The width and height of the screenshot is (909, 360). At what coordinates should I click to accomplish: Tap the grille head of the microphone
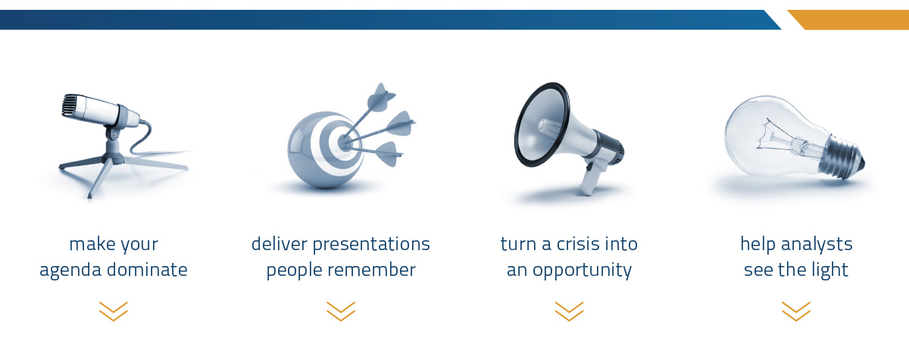(70, 105)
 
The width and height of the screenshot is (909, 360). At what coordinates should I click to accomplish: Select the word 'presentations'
(371, 245)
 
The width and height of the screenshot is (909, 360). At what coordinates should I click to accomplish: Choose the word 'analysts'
(817, 245)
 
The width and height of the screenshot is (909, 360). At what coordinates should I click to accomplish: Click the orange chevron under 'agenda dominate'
(114, 311)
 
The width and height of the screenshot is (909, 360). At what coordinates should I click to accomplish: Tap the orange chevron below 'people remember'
(341, 311)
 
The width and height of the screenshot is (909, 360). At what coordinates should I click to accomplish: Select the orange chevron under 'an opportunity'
(570, 311)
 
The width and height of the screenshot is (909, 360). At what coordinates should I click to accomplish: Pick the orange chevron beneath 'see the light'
(796, 311)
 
